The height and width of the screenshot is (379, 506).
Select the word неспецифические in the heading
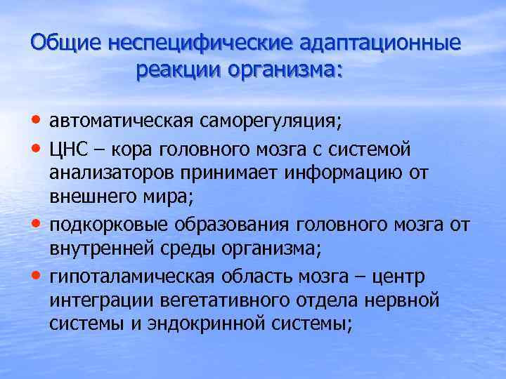[200, 42]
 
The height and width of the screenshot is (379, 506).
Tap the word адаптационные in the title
[381, 42]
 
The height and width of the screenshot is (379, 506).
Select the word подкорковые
[101, 226]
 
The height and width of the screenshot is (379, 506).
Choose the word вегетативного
[212, 302]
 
